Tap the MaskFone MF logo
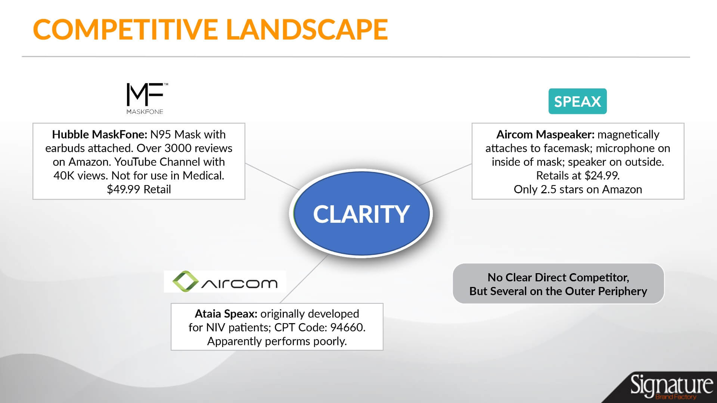coord(145,98)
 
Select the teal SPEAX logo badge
coord(577,101)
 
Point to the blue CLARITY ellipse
coord(361,213)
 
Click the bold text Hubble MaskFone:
coord(100,134)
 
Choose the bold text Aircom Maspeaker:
coord(545,134)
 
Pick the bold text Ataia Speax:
coord(226,313)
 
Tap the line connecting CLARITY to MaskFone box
coord(272,176)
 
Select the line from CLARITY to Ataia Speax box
coord(304,279)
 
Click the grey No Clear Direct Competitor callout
coord(558,284)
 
